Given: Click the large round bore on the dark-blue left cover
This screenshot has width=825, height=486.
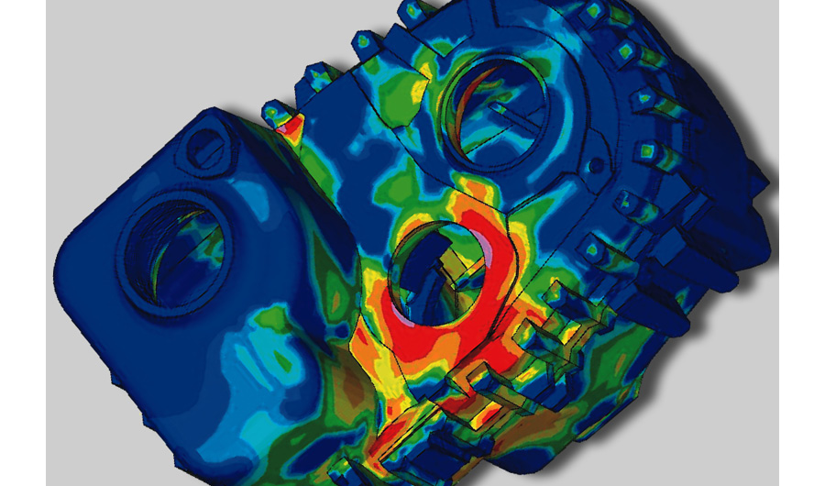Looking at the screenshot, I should coord(172,248).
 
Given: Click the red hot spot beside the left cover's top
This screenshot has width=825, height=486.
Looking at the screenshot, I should coord(291,128).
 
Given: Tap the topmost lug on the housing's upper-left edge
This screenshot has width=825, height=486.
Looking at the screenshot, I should coord(363,42).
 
